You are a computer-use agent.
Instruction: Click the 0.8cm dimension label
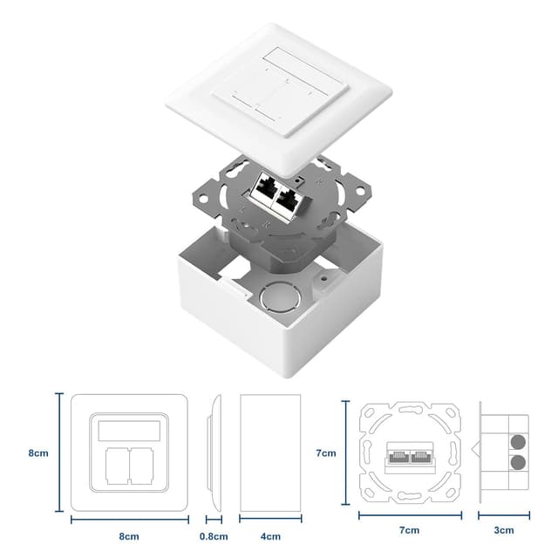tap(213, 535)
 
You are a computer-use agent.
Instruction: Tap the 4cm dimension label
tap(270, 535)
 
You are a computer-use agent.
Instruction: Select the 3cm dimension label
tap(504, 529)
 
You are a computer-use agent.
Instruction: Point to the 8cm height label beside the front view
tap(37, 453)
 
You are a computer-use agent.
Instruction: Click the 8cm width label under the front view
tap(129, 535)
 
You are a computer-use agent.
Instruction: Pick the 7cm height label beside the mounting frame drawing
tap(325, 453)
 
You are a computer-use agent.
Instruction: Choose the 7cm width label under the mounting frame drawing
tap(409, 529)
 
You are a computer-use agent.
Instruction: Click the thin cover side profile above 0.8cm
tap(212, 453)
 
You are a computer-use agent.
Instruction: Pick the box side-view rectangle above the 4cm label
tap(270, 453)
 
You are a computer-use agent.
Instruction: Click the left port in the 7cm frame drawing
tap(398, 453)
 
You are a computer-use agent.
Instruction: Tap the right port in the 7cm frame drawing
tap(420, 453)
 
